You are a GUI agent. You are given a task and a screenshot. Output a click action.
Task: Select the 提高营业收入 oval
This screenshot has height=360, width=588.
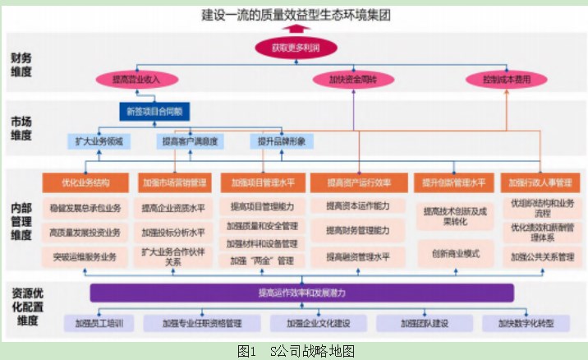(135, 80)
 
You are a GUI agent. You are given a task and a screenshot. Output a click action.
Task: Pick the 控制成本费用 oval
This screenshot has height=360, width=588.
(506, 80)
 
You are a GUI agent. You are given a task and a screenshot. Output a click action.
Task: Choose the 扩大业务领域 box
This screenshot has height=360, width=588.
(99, 141)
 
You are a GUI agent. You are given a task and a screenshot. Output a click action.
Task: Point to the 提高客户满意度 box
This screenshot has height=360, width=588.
(189, 141)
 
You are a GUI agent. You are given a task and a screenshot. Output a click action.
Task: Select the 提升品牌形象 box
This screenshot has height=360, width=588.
(282, 141)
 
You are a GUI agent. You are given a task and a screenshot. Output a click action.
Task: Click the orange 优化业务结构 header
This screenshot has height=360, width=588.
(85, 182)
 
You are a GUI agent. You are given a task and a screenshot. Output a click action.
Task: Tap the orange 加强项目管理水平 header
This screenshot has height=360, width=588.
(263, 182)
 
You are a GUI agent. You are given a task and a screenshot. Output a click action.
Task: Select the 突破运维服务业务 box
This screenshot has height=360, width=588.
(85, 256)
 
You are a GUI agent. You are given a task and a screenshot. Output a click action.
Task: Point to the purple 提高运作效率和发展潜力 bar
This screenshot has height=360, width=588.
(301, 292)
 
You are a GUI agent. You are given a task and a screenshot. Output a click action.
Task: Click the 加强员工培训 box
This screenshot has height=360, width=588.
(99, 323)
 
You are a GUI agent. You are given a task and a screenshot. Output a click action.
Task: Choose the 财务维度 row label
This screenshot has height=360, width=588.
(21, 65)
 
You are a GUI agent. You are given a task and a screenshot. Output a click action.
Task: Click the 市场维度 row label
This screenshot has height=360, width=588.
(21, 129)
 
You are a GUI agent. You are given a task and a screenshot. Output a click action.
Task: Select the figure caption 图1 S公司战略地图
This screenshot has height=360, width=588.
(295, 351)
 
